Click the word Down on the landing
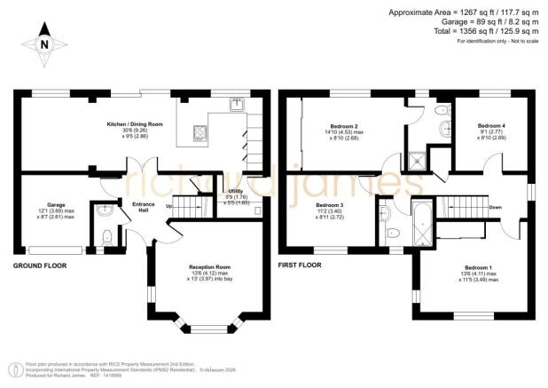click(495, 208)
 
